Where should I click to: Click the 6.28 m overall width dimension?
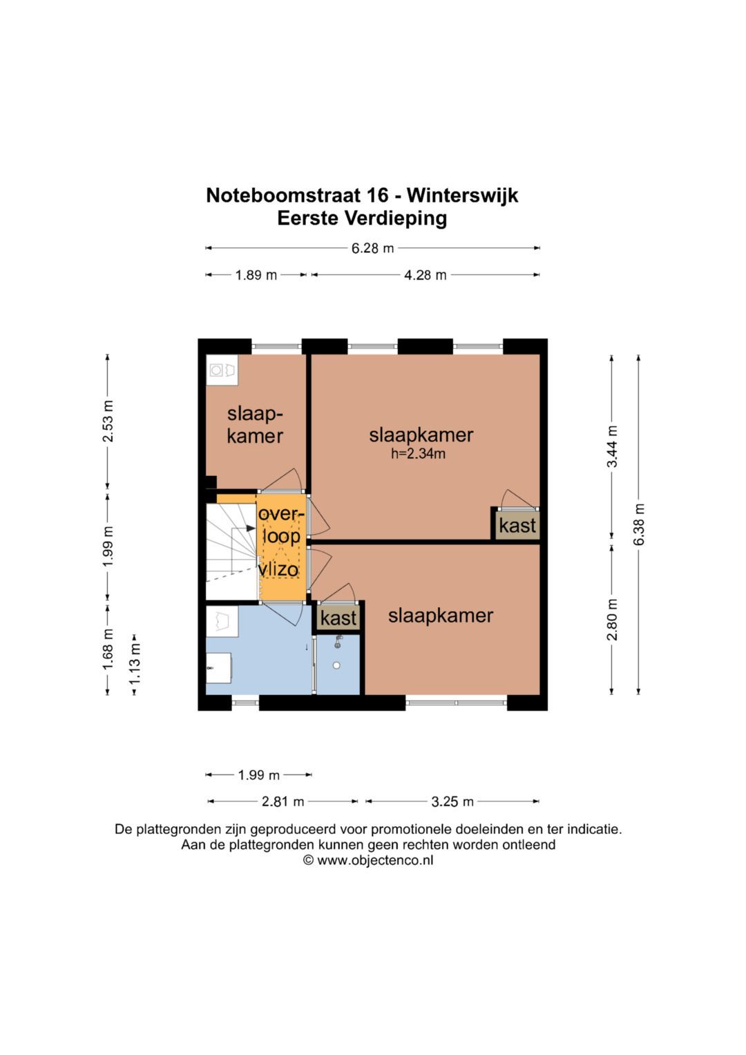point(372,248)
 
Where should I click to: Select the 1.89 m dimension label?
point(256,275)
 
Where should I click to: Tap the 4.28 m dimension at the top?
point(425,275)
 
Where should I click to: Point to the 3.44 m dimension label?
point(612,446)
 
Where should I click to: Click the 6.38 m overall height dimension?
point(639,524)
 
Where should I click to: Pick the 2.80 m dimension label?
point(612,619)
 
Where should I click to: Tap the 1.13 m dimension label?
point(135,664)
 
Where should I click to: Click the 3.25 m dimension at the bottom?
point(452,801)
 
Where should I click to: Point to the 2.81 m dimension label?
point(283,801)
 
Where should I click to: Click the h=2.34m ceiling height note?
point(418,454)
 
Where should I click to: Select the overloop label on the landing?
point(280,525)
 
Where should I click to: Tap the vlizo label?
point(278,569)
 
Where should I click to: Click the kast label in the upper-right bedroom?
point(517,526)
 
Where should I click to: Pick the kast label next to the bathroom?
point(338,618)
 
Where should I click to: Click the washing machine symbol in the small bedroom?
point(222,370)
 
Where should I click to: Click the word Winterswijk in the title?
point(462,196)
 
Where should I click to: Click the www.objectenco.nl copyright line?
point(368,860)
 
